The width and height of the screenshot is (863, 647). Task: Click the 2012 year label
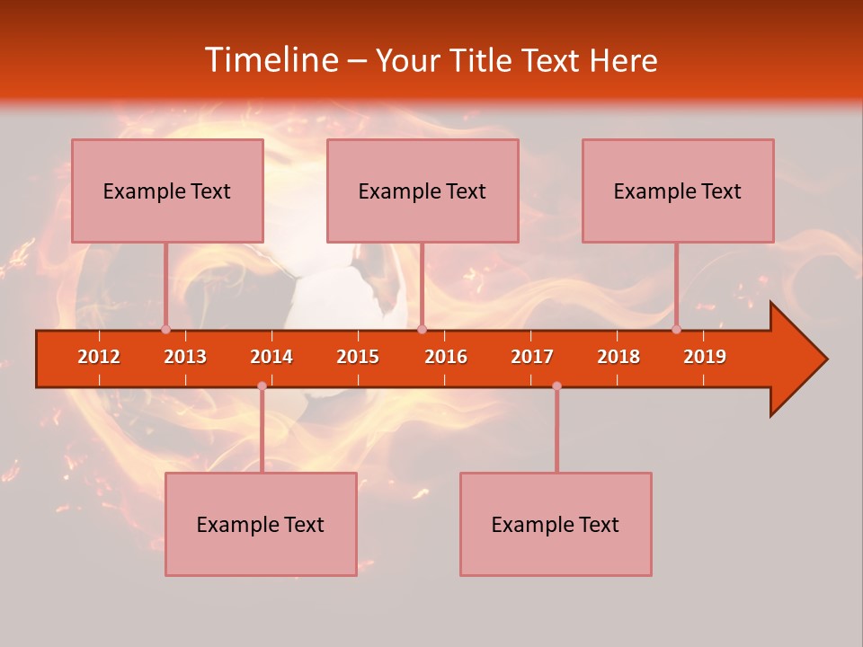click(99, 357)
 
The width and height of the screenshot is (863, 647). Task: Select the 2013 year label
click(185, 357)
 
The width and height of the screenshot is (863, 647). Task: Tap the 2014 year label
click(271, 357)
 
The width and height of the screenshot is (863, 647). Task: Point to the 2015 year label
click(358, 357)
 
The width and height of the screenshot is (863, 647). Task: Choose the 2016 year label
click(446, 357)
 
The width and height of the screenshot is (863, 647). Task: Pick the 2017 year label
click(532, 357)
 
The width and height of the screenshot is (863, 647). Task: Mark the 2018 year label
click(618, 357)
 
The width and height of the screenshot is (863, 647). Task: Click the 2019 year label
click(705, 357)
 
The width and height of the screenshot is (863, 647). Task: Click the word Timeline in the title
click(270, 60)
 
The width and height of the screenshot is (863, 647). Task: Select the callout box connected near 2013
click(167, 191)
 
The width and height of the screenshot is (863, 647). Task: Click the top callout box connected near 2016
click(423, 191)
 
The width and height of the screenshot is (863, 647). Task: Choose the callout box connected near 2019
click(678, 191)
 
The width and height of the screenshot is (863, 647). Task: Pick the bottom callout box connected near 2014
click(261, 524)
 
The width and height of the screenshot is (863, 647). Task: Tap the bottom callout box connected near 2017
click(556, 524)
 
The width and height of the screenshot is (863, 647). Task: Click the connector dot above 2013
click(165, 329)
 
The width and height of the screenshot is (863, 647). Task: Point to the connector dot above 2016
click(422, 329)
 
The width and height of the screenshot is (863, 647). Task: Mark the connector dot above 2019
click(676, 329)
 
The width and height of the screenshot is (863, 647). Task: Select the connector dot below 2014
click(262, 386)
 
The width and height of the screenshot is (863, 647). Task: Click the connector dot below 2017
click(556, 386)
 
